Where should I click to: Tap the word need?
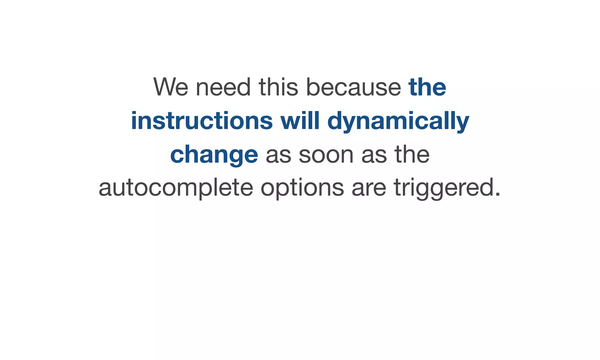point(223,87)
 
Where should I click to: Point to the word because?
point(353,87)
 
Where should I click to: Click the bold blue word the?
point(427,87)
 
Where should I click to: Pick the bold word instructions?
point(202,121)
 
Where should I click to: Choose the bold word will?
point(300,121)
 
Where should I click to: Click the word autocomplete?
point(176,188)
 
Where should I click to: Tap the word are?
point(369,188)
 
